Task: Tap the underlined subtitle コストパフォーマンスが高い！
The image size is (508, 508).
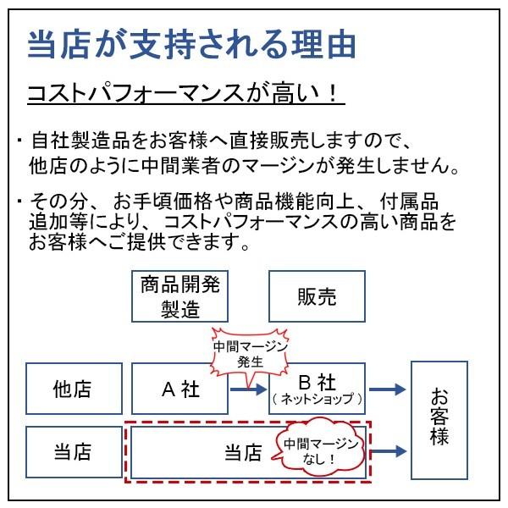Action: [x=185, y=93]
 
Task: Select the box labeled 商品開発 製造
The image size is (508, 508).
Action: [x=179, y=295]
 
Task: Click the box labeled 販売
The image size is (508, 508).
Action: [x=317, y=296]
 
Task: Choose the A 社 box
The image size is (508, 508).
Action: [x=179, y=389]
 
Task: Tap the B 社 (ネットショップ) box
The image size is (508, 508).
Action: [x=317, y=389]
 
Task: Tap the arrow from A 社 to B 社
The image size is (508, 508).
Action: [x=248, y=389]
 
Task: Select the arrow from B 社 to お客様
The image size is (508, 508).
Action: [x=387, y=389]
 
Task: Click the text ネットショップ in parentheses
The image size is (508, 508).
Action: [x=317, y=398]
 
